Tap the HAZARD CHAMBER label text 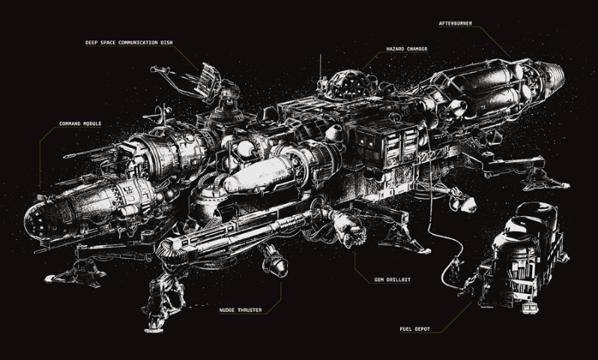click(407, 49)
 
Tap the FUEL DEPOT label click(417, 329)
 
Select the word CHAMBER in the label click(416, 49)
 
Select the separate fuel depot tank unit click(525, 256)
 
